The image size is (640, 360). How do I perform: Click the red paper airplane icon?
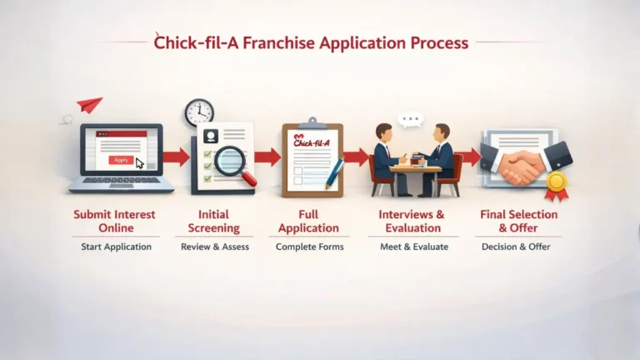click(x=89, y=105)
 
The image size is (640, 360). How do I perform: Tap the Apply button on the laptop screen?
click(x=122, y=159)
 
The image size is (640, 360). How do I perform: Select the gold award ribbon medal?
click(x=556, y=182)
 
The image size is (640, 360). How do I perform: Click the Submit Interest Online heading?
click(x=114, y=221)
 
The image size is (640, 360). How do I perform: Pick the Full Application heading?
click(x=308, y=221)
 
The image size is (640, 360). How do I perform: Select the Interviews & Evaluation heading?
click(x=412, y=221)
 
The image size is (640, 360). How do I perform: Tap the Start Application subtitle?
click(x=116, y=247)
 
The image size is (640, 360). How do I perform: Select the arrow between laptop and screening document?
click(x=176, y=157)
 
